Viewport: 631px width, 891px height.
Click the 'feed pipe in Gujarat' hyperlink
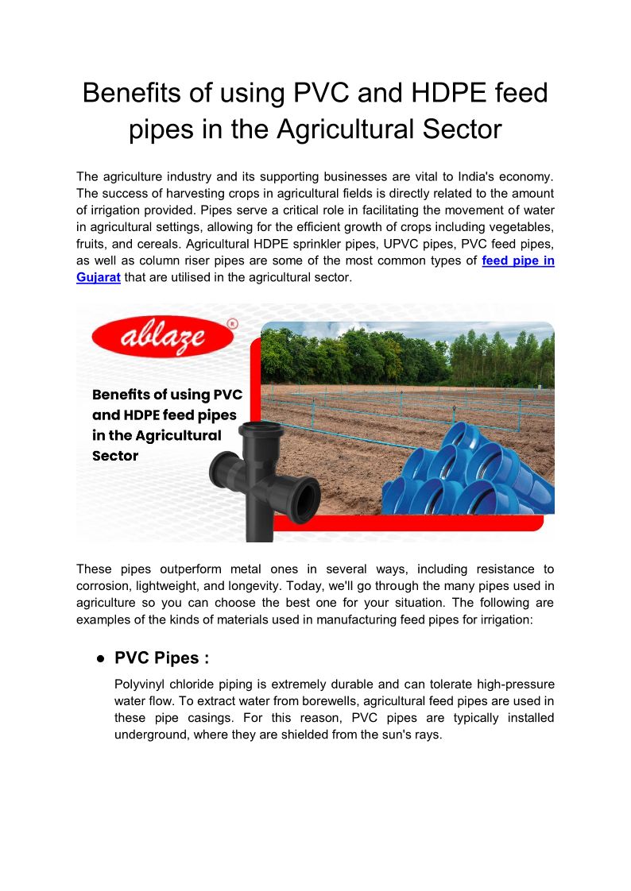(x=517, y=261)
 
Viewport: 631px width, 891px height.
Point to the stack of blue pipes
(x=461, y=476)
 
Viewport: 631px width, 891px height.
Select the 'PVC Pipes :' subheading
(x=161, y=658)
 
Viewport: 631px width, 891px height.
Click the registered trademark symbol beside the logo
(x=232, y=324)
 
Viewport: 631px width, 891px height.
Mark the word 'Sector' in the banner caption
(x=115, y=456)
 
